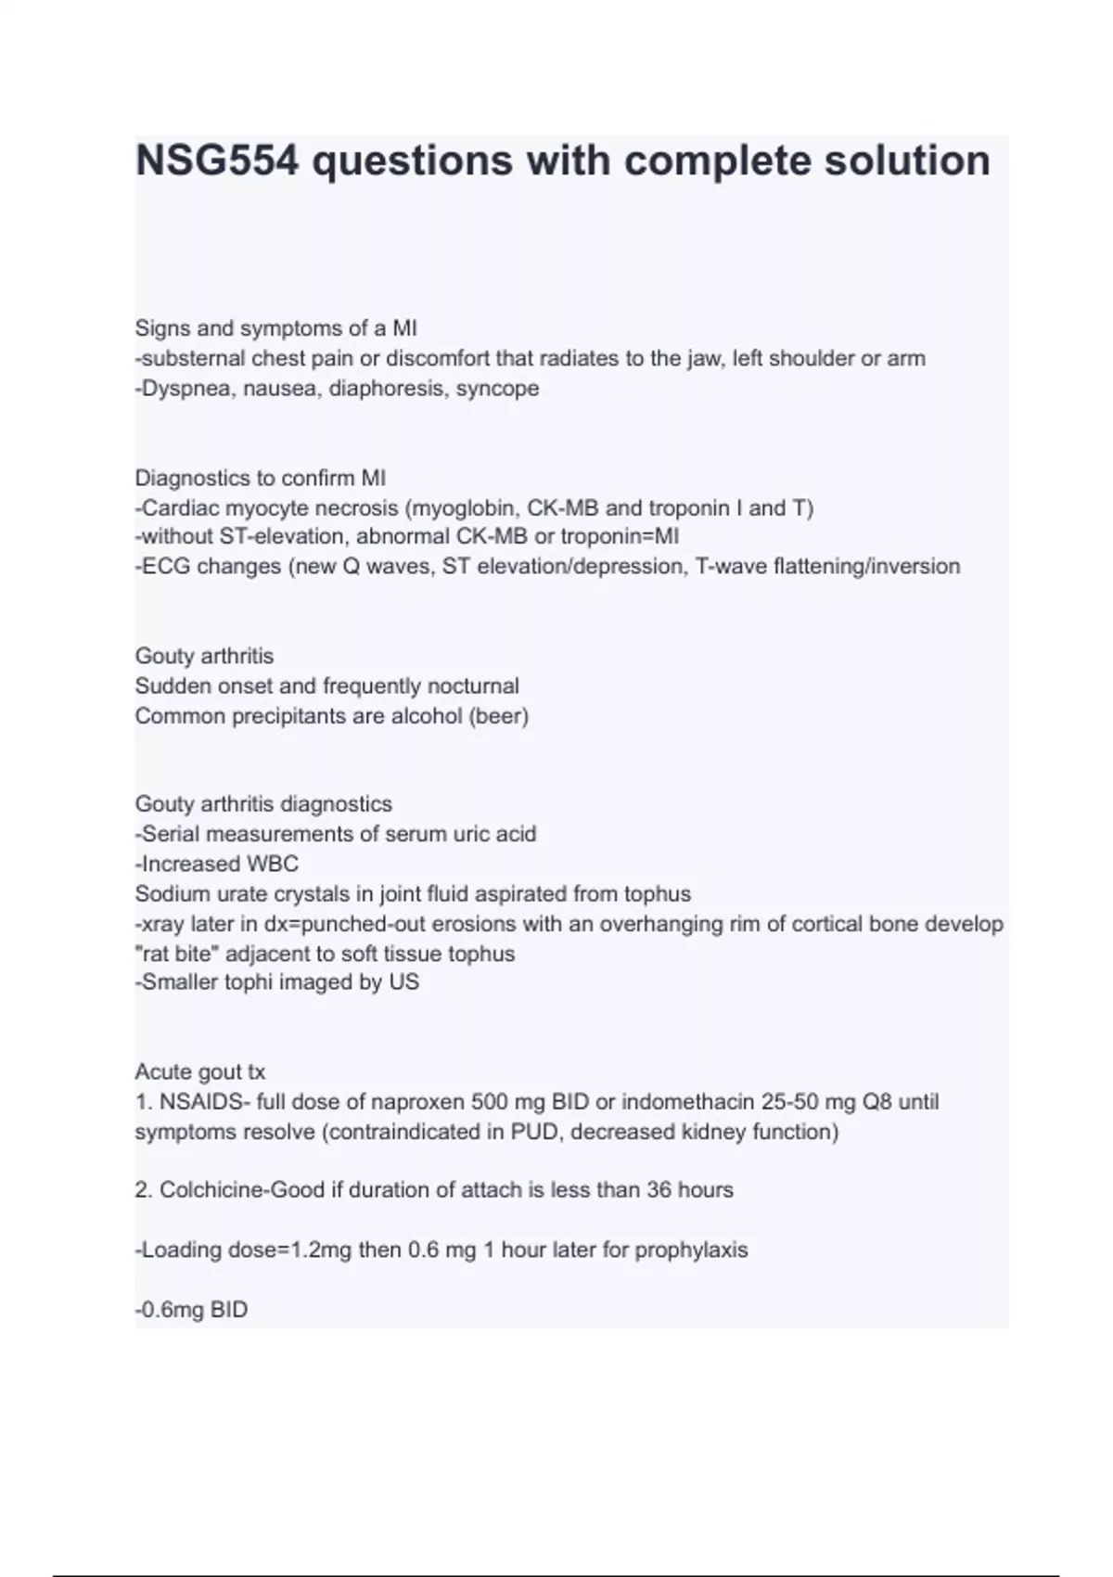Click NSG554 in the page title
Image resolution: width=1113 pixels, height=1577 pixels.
tap(219, 160)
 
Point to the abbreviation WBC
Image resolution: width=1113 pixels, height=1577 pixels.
tap(272, 865)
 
